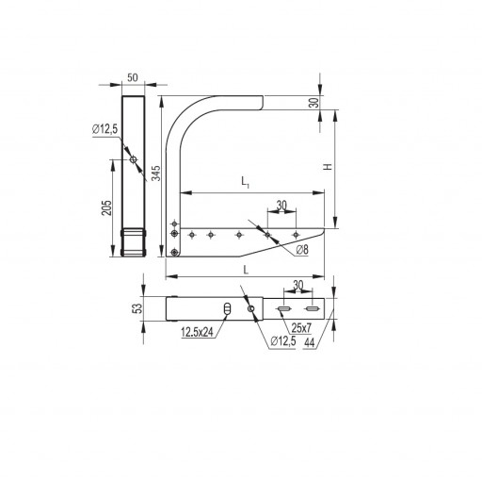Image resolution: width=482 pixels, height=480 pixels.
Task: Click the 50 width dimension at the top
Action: point(133,77)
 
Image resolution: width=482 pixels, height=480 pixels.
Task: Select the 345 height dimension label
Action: point(156,174)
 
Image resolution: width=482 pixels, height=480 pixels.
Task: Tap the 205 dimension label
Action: point(106,207)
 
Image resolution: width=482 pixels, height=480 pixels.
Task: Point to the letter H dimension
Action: point(328,167)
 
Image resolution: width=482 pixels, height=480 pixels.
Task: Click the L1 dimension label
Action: point(245,182)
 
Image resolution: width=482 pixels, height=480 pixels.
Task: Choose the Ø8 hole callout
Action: point(302,250)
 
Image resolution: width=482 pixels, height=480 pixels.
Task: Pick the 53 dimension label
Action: point(137,308)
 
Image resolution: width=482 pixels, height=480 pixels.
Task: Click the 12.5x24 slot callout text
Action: point(197,332)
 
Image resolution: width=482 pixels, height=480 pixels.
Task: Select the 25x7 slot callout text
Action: point(301,328)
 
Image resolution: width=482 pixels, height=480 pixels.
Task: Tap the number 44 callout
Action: point(309,342)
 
